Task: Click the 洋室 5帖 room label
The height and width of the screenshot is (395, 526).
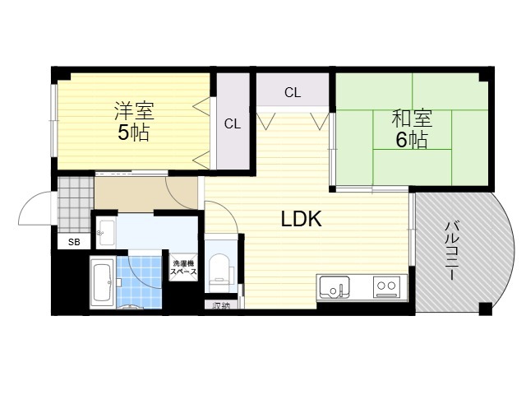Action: [134, 121]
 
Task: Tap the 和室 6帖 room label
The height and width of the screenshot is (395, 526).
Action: [412, 129]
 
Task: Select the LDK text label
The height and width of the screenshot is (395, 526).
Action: [302, 219]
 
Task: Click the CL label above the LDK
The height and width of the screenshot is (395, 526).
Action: [293, 92]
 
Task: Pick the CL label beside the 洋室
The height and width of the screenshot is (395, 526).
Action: [233, 124]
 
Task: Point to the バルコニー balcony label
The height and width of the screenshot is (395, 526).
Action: [450, 250]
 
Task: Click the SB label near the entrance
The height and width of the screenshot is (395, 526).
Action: [74, 242]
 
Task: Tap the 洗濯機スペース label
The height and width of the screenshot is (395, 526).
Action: [183, 268]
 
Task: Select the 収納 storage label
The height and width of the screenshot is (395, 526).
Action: [221, 305]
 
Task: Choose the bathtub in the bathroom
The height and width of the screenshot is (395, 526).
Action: [103, 282]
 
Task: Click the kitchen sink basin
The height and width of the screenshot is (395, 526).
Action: [335, 288]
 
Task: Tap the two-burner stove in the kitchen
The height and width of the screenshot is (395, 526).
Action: [386, 287]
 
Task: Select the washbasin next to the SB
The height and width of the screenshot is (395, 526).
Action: [106, 233]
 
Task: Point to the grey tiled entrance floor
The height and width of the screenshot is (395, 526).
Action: [76, 204]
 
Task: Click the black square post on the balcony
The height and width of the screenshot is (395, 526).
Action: [485, 309]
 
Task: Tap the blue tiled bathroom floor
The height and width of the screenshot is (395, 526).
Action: [139, 282]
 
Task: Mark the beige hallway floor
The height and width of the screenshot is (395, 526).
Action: [145, 193]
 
